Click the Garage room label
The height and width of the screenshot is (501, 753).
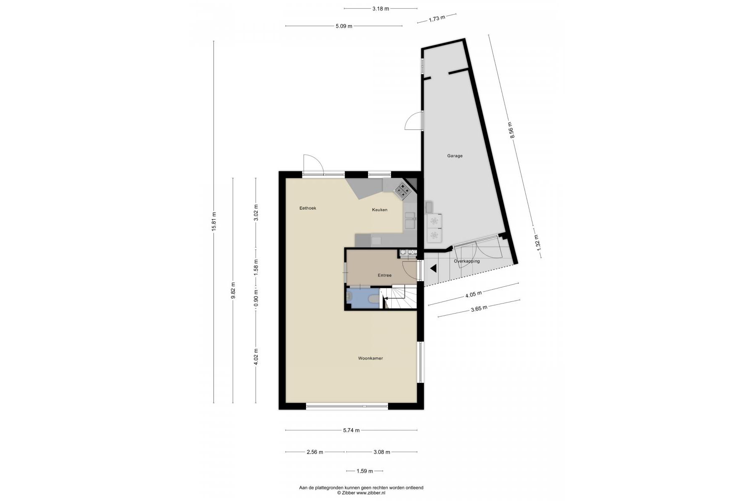(x=455, y=156)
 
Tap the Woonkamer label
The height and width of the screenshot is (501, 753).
(x=370, y=358)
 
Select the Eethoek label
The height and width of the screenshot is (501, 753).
(x=308, y=208)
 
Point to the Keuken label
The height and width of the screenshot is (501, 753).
(x=380, y=210)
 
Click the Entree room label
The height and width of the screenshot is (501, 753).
(x=385, y=275)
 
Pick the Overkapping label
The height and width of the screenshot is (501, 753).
(x=467, y=261)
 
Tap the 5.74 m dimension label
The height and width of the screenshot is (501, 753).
(x=351, y=430)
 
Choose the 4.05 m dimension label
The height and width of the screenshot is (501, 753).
(x=474, y=295)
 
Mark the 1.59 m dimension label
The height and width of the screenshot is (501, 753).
(x=365, y=471)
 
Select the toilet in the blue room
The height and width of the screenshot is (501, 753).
(x=373, y=299)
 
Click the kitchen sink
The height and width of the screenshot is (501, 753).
(x=410, y=220)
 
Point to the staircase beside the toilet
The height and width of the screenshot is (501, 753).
(x=400, y=298)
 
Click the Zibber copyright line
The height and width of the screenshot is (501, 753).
(x=361, y=493)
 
